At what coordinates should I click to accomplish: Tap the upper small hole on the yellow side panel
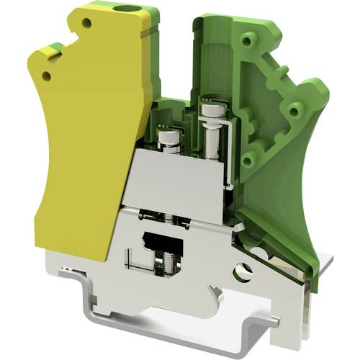point(86,23)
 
